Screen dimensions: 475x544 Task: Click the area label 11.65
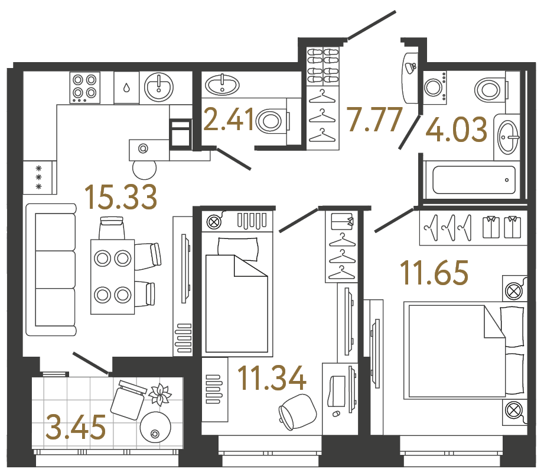(x=434, y=273)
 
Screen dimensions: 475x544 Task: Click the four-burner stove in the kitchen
(x=84, y=87)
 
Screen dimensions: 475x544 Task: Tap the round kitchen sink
(x=158, y=88)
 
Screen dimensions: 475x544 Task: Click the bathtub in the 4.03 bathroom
(x=474, y=180)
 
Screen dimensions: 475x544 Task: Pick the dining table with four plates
(x=112, y=276)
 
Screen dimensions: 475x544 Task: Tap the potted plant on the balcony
(x=159, y=394)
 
